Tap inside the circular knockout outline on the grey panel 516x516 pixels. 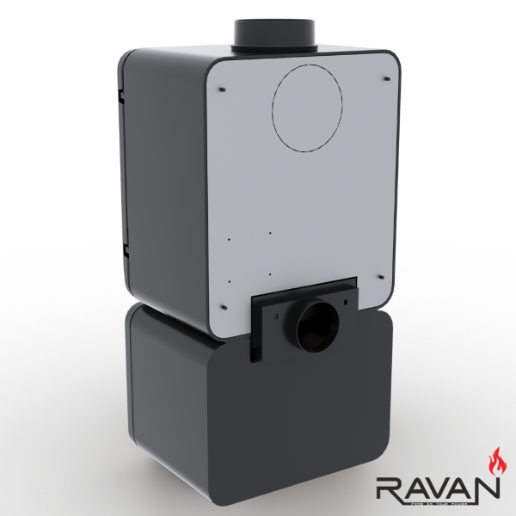pos(306,107)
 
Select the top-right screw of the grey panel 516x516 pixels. pos(387,80)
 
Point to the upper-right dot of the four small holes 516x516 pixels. pos(269,233)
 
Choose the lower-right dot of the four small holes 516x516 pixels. pos(269,273)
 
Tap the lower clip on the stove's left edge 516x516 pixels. pos(126,250)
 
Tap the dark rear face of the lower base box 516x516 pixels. pos(310,404)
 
